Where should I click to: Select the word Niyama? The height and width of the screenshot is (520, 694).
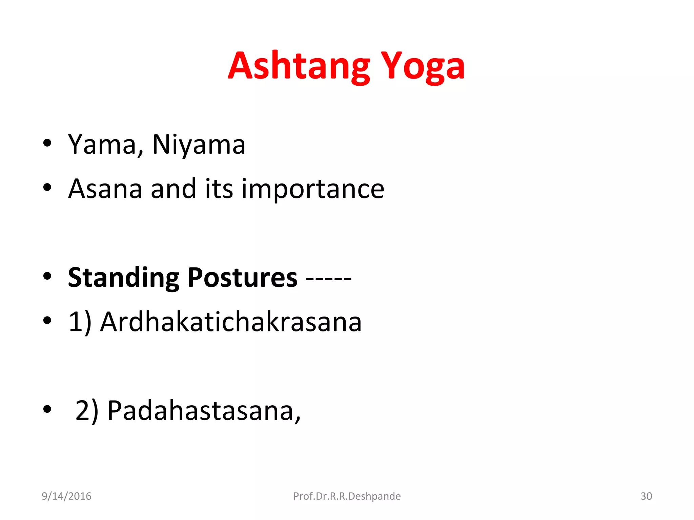(x=199, y=145)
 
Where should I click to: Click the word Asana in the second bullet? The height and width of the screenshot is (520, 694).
(x=105, y=189)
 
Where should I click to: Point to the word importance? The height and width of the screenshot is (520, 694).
(x=312, y=190)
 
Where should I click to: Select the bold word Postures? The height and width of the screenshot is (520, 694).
(x=242, y=278)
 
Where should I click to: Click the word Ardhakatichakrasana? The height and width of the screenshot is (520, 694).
(x=231, y=322)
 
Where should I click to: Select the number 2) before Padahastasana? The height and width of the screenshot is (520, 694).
(x=87, y=411)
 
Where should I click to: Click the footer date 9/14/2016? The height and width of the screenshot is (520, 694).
(x=66, y=496)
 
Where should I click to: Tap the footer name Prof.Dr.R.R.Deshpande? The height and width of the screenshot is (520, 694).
(x=347, y=496)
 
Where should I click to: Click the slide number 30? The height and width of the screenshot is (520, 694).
(x=646, y=496)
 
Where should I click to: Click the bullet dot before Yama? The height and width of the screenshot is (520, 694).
(x=47, y=143)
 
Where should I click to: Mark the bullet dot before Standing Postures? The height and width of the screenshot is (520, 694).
(x=47, y=276)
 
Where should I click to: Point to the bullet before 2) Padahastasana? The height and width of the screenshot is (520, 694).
(x=47, y=409)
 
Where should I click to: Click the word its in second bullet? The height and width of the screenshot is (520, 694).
(x=219, y=189)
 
